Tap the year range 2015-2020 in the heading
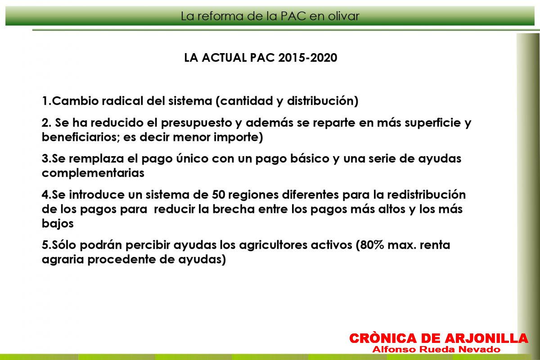pyautogui.click(x=308, y=58)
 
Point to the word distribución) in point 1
pyautogui.click(x=323, y=101)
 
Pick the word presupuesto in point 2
pyautogui.click(x=197, y=123)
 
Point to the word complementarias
pyautogui.click(x=93, y=173)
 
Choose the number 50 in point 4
pyautogui.click(x=218, y=195)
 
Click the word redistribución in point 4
pyautogui.click(x=427, y=194)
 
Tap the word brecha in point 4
pyautogui.click(x=234, y=209)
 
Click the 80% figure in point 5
pyautogui.click(x=370, y=245)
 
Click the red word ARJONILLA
pyautogui.click(x=486, y=338)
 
